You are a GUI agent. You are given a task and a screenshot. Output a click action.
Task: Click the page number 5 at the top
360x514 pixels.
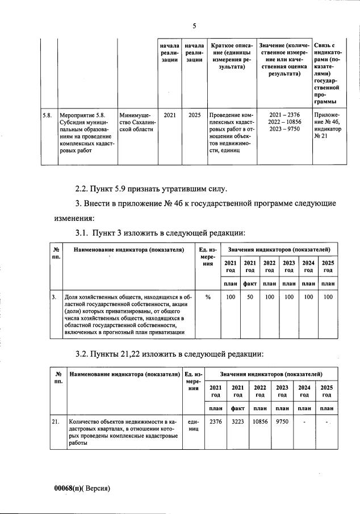coord(194,26)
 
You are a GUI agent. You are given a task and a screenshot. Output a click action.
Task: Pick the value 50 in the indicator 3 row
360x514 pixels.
coord(249,296)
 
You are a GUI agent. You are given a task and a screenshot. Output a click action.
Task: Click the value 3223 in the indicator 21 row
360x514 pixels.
coord(238,422)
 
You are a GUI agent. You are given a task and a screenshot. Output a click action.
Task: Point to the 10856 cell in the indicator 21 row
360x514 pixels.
coord(260,422)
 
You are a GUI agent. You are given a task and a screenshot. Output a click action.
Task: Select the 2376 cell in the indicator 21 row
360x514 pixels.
coord(216,422)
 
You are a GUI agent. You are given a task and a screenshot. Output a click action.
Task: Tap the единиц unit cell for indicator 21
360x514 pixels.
coord(193,426)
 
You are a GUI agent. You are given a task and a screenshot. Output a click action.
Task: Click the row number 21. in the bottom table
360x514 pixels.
coord(56,422)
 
